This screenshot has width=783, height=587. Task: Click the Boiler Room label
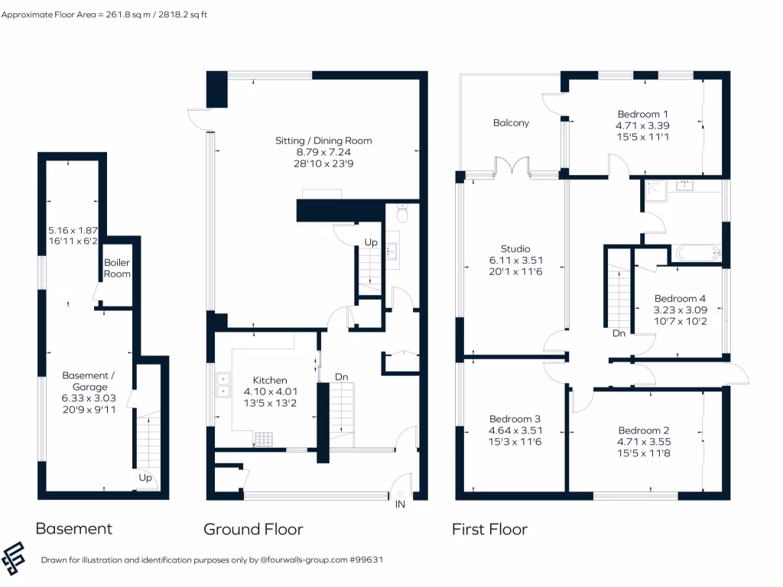pyautogui.click(x=118, y=268)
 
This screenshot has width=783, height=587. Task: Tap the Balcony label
pyautogui.click(x=511, y=122)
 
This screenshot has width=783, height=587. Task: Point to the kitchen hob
pyautogui.click(x=265, y=439)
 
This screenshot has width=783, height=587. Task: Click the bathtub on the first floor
pyautogui.click(x=697, y=252)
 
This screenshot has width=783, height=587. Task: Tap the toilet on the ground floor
pyautogui.click(x=402, y=214)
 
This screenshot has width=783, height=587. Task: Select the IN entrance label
pyautogui.click(x=400, y=504)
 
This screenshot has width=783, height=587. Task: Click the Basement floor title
pyautogui.click(x=74, y=528)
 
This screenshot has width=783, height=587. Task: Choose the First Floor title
pyautogui.click(x=489, y=529)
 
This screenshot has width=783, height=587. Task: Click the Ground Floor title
pyautogui.click(x=253, y=529)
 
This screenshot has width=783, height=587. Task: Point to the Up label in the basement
pyautogui.click(x=145, y=478)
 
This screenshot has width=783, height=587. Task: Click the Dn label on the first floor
pyautogui.click(x=619, y=333)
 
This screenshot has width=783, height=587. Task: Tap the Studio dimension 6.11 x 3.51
pyautogui.click(x=515, y=261)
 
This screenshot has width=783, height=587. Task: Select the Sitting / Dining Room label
pyautogui.click(x=323, y=141)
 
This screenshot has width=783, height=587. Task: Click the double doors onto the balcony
pyautogui.click(x=512, y=167)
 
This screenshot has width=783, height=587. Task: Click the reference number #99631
pyautogui.click(x=366, y=559)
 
